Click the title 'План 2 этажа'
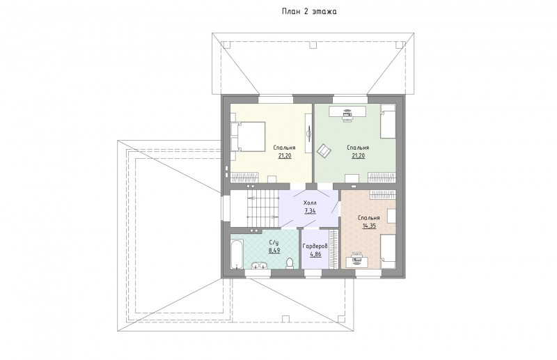click(309, 11)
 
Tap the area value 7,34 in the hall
click(310, 211)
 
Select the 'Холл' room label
click(310, 203)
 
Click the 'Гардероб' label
click(315, 246)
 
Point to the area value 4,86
click(316, 254)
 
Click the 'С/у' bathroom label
click(274, 243)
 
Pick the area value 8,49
click(274, 250)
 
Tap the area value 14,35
click(369, 226)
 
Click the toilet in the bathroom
click(290, 263)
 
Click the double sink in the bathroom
click(259, 266)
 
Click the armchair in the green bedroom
click(324, 150)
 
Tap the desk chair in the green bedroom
click(347, 116)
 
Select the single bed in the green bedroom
click(388, 121)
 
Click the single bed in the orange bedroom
click(388, 251)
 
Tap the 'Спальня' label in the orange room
click(369, 218)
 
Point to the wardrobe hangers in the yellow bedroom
click(245, 178)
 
